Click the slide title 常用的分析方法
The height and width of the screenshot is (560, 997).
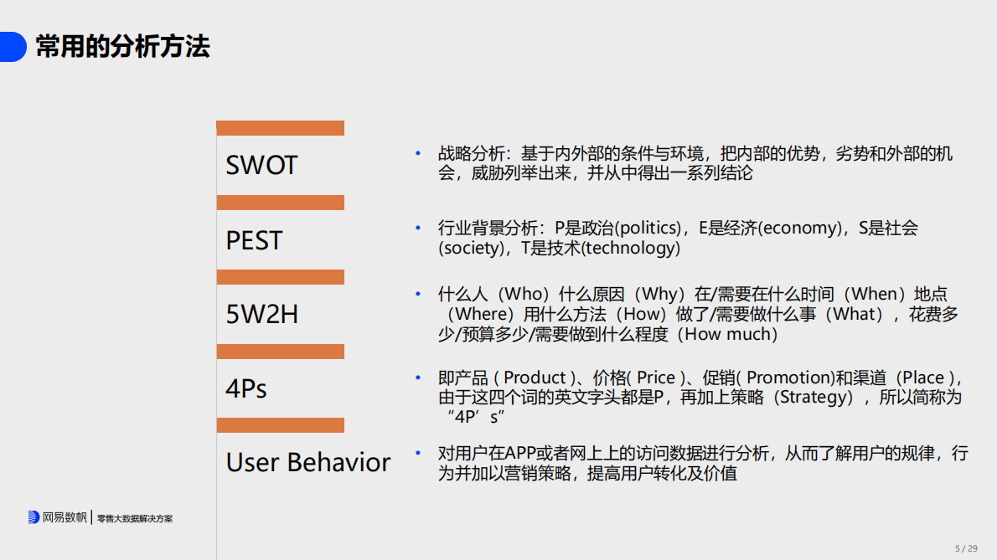point(122,47)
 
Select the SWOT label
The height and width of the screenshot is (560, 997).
point(261,166)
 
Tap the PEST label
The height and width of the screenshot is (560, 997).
point(254,241)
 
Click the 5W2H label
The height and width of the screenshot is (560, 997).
point(262,315)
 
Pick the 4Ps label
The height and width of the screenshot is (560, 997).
point(246,388)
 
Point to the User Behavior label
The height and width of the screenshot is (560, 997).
point(308,462)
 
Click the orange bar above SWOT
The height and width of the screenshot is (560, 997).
point(280,128)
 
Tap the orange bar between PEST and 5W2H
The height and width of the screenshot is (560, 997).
point(280,277)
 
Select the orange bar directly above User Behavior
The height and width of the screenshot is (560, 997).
point(280,425)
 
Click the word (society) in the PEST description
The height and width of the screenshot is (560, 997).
point(469,249)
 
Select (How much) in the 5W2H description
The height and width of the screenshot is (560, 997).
point(727,335)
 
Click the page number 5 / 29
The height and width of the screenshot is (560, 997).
point(966,548)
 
